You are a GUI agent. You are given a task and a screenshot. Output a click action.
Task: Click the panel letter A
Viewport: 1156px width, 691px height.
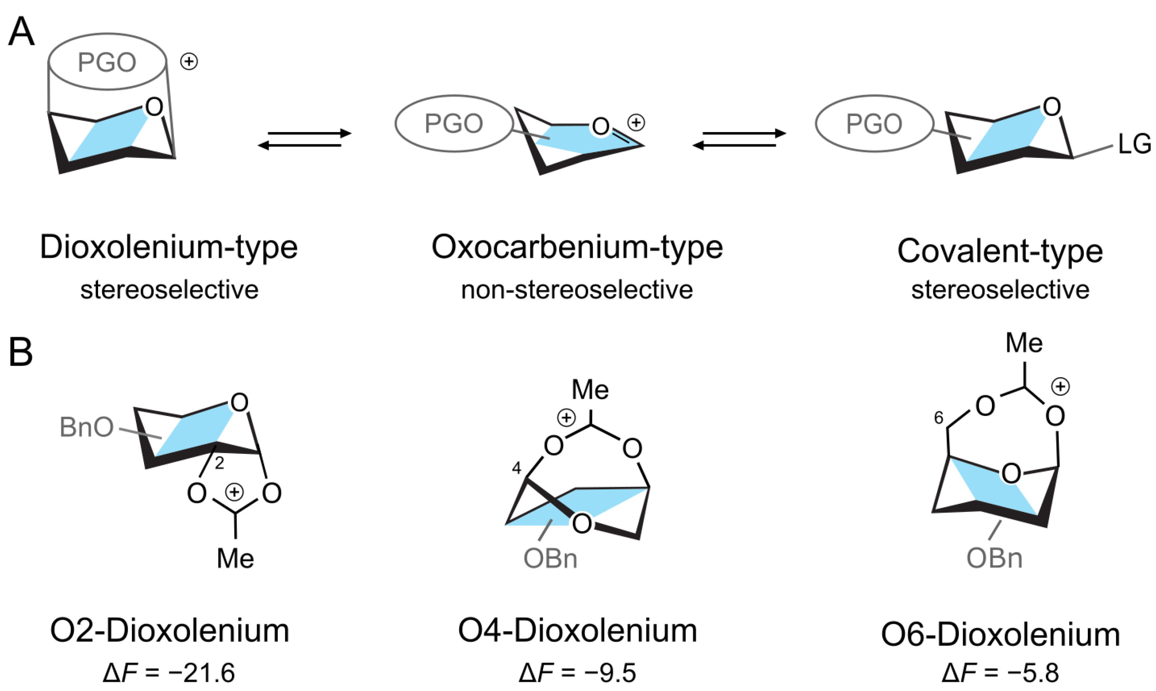(x=22, y=32)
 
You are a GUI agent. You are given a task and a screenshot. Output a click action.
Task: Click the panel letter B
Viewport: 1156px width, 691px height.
(x=20, y=352)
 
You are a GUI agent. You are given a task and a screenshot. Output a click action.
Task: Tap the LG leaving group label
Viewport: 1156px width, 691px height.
(x=1134, y=144)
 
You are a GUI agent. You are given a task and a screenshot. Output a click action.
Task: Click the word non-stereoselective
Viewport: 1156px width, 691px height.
(x=577, y=290)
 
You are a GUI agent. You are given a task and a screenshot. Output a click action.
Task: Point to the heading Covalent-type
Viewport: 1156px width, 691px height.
(x=1000, y=251)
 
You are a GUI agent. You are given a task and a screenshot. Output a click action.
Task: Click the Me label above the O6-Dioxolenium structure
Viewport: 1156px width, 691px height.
(x=1024, y=343)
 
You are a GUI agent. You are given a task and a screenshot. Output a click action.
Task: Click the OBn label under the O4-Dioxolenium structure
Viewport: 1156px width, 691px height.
(x=550, y=559)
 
